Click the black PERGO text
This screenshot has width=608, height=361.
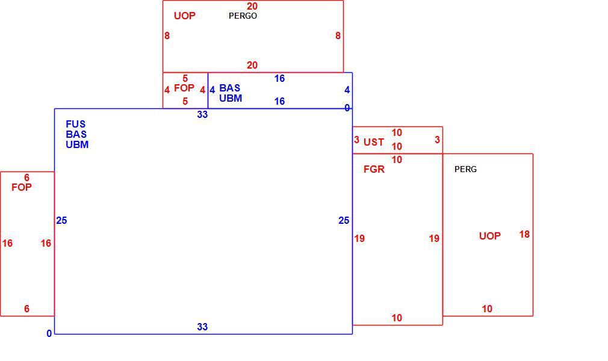pyautogui.click(x=243, y=16)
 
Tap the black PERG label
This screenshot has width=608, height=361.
pyautogui.click(x=465, y=169)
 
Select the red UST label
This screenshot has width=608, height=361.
pyautogui.click(x=374, y=143)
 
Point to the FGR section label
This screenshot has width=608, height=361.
pyautogui.click(x=374, y=169)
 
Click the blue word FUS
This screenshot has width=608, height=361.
pyautogui.click(x=76, y=124)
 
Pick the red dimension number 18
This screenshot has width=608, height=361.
pyautogui.click(x=524, y=234)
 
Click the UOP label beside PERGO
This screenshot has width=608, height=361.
pyautogui.click(x=185, y=16)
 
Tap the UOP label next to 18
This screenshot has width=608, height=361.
pyautogui.click(x=490, y=236)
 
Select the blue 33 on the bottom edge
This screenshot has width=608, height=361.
pyautogui.click(x=202, y=327)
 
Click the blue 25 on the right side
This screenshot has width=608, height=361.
pyautogui.click(x=344, y=221)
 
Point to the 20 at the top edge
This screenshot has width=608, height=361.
pyautogui.click(x=252, y=6)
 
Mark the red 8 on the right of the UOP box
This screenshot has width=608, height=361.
pyautogui.click(x=338, y=35)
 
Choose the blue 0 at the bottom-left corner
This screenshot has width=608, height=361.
pyautogui.click(x=49, y=333)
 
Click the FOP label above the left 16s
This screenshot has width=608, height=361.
pyautogui.click(x=22, y=187)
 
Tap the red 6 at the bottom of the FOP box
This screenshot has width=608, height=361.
pyautogui.click(x=26, y=309)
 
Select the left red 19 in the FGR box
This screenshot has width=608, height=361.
pyautogui.click(x=359, y=238)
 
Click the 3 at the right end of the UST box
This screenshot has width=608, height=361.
pyautogui.click(x=437, y=140)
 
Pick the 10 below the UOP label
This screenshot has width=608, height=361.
pyautogui.click(x=487, y=309)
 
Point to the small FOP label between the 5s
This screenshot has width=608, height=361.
pyautogui.click(x=184, y=88)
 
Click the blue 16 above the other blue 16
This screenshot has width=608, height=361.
pyautogui.click(x=279, y=78)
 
